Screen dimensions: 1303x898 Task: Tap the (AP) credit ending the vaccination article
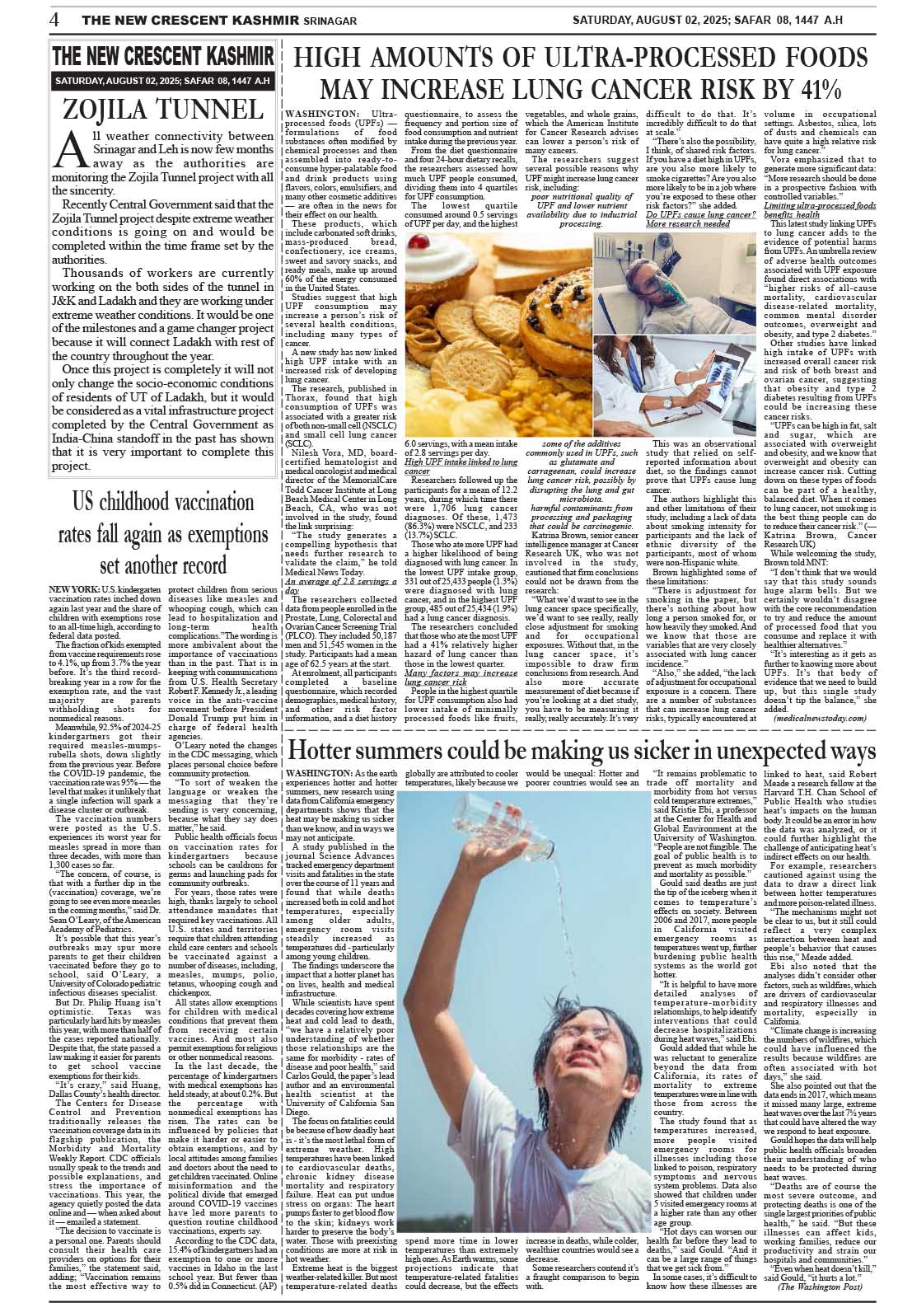[x=266, y=1284]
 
